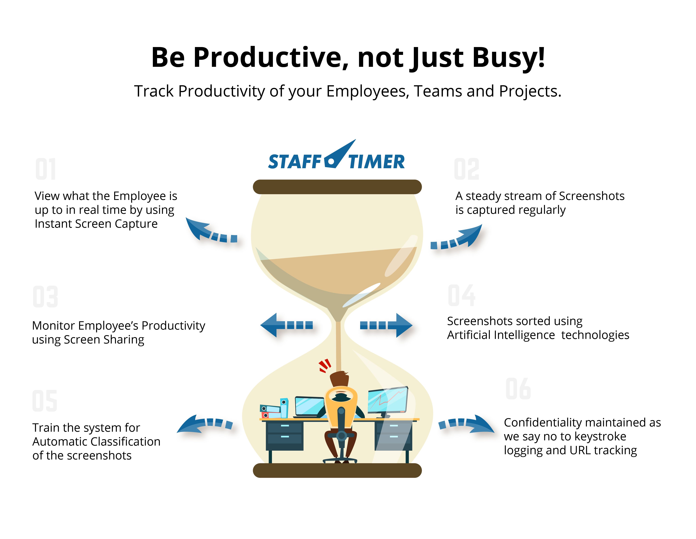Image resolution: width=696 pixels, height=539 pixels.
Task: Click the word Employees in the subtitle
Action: click(x=368, y=92)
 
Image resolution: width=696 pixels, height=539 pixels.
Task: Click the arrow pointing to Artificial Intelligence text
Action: click(x=386, y=325)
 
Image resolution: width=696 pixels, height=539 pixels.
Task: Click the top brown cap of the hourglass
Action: click(x=337, y=187)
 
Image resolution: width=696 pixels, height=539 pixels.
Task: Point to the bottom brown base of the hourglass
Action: click(x=337, y=470)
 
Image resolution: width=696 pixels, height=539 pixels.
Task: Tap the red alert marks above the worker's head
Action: click(x=325, y=366)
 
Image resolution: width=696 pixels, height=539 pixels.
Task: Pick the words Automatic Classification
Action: click(x=96, y=442)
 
